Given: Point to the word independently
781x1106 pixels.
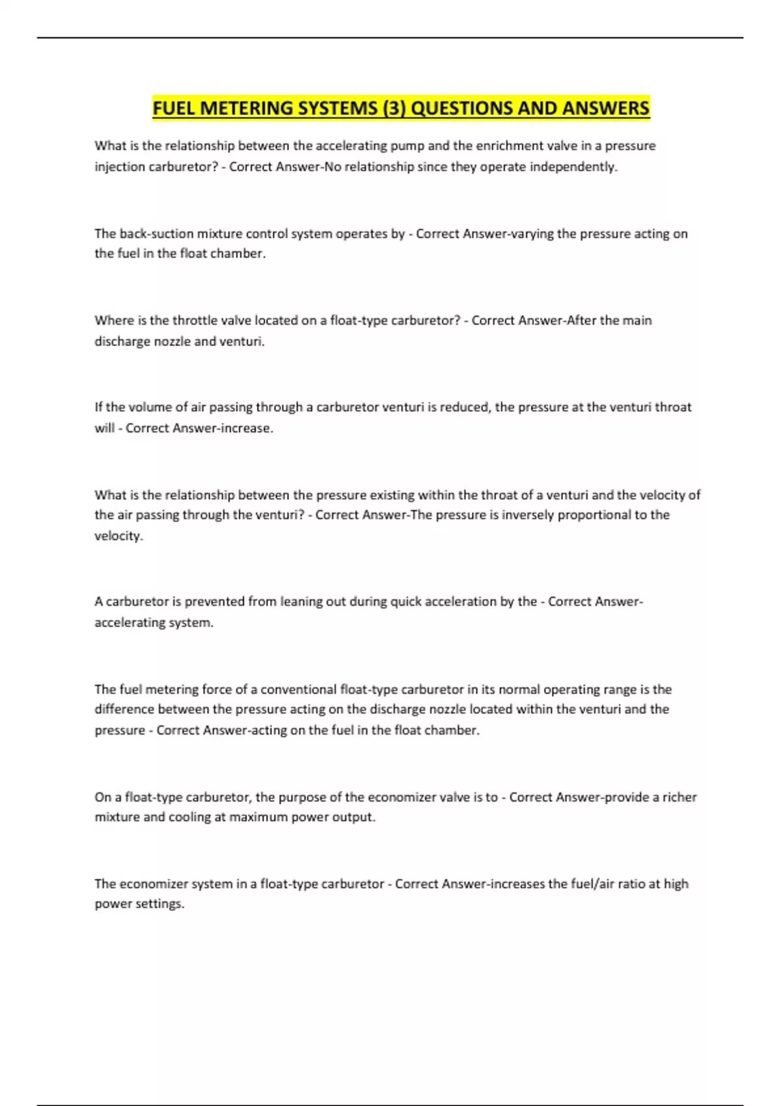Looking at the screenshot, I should point(573,167).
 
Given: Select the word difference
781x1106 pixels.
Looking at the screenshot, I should point(124,709).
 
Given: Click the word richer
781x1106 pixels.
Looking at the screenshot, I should point(679,798).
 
